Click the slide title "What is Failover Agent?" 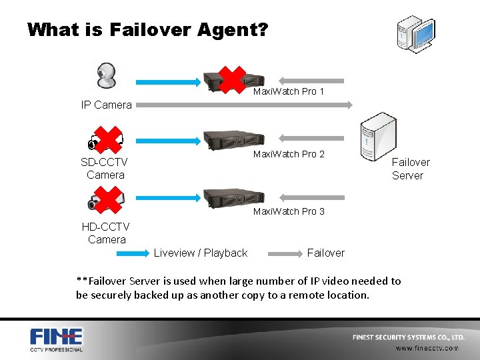click(x=147, y=30)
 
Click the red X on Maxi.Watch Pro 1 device click(x=231, y=79)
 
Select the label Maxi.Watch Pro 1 click(x=289, y=91)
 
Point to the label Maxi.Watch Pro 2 click(x=289, y=154)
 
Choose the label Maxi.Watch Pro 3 click(x=289, y=211)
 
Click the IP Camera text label click(x=106, y=105)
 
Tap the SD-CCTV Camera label click(x=105, y=169)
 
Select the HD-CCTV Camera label click(x=106, y=233)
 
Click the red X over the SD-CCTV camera click(x=107, y=139)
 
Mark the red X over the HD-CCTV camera click(x=107, y=198)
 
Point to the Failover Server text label click(x=409, y=169)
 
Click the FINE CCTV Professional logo click(x=56, y=339)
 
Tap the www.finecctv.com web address click(x=427, y=347)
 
